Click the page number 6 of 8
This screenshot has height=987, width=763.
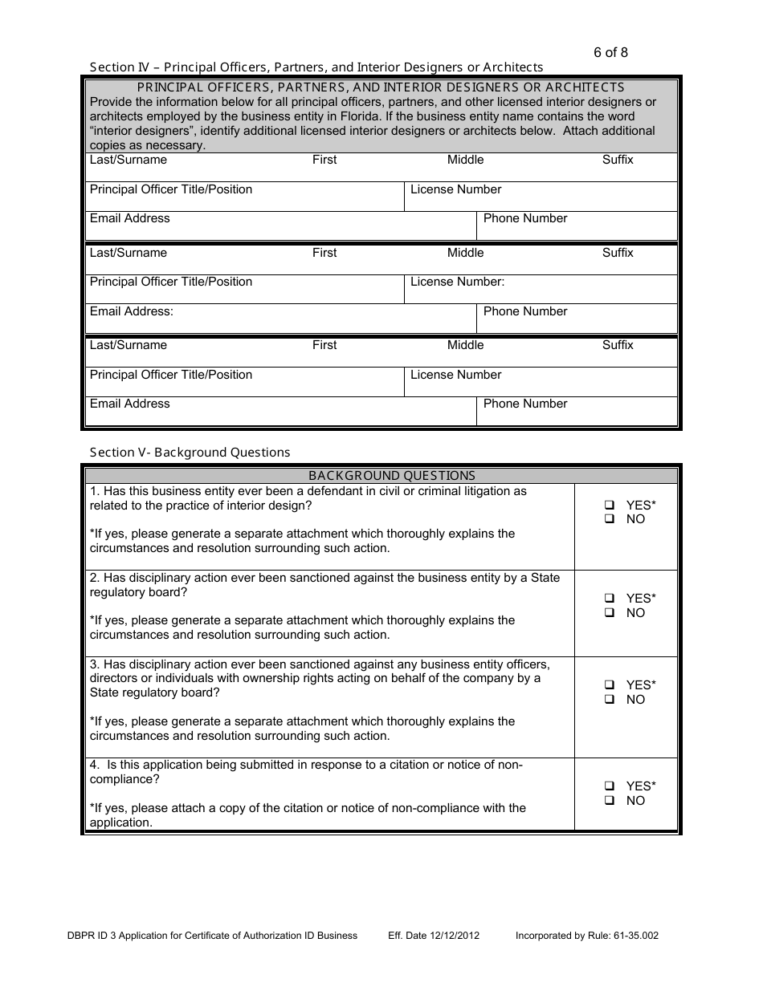pos(610,53)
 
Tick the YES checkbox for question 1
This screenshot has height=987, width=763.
pos(610,506)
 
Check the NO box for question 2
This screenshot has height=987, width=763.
pos(610,613)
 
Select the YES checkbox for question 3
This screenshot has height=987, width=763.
pos(610,685)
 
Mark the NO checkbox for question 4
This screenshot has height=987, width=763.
pos(610,801)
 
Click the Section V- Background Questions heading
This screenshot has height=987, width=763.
pos(190,453)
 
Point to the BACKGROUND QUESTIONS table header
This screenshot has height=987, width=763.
pos(392,476)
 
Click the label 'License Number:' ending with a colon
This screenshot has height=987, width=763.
pos(457,282)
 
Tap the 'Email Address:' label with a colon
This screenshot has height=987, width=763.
pos(132,311)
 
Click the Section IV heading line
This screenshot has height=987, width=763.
pos(316,67)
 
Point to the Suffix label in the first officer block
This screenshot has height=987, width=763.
pos(618,160)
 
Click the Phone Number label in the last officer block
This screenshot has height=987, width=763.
pos(525,404)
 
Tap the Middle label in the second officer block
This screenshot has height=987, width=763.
pos(465,253)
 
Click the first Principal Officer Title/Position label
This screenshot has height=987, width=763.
pos(170,189)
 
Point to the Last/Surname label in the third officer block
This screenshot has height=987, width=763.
pos(129,345)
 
